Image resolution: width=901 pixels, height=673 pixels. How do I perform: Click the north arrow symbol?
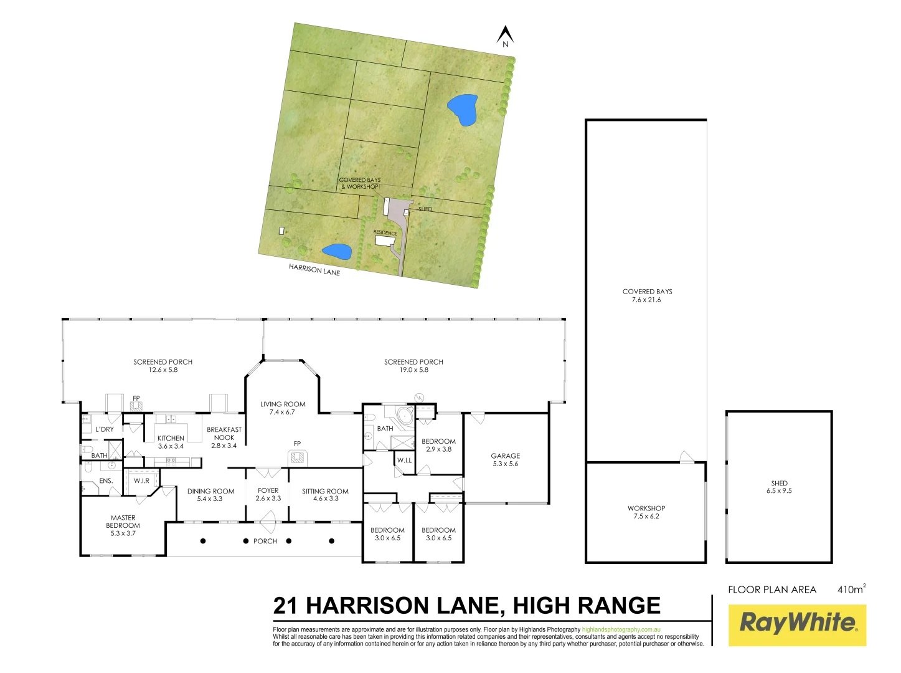(x=505, y=36)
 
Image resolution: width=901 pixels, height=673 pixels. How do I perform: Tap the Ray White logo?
(x=798, y=624)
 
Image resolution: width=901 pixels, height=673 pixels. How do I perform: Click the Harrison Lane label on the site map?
(x=314, y=270)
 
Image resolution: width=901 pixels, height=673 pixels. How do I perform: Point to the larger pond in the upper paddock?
(x=463, y=109)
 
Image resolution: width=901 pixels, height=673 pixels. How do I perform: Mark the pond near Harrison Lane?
(x=337, y=252)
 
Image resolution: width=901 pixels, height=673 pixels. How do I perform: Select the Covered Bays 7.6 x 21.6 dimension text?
(x=646, y=300)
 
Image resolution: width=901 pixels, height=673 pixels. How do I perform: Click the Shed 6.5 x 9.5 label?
(x=779, y=487)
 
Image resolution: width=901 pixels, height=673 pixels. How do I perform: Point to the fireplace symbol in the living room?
(x=298, y=458)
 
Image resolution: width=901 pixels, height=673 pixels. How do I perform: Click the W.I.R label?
(x=141, y=481)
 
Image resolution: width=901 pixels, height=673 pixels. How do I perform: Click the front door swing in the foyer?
(x=268, y=517)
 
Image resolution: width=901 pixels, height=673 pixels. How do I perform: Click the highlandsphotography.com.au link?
(x=621, y=630)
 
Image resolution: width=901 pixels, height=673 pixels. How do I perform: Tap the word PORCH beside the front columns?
(x=265, y=541)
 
